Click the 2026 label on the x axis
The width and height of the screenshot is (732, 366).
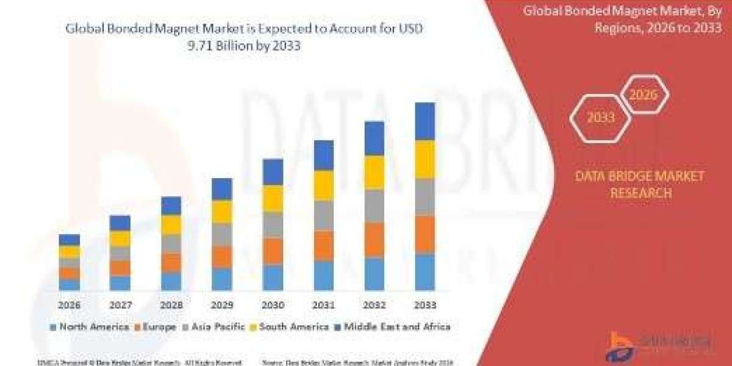pos(70,304)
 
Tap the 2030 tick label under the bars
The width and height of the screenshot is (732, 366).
pos(273,304)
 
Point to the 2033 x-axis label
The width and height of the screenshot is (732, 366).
pos(425,304)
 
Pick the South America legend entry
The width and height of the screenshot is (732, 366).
pos(289,327)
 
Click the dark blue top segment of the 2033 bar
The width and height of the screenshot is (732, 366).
pos(425,121)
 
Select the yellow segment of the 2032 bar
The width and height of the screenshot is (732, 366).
pos(375,172)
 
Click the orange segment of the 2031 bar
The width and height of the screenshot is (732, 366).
pos(324,245)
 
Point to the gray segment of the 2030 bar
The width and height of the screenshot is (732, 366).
pos(273,224)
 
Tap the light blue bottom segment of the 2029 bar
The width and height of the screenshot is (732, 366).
pos(222,279)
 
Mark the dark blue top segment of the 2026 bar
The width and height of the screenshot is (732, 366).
pos(70,240)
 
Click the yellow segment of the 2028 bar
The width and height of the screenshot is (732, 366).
pos(171,224)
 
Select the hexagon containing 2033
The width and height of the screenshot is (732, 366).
pos(601,118)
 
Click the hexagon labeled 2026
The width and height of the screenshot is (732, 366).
pos(644,95)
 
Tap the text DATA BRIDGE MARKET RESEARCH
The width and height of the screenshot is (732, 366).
pos(639,184)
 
